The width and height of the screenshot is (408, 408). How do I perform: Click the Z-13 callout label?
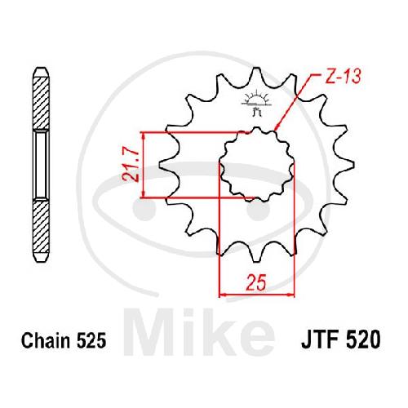343,77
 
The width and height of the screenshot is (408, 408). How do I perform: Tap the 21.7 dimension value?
131,166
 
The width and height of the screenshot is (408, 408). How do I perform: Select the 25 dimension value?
256,282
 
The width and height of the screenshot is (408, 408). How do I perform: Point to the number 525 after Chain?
91,340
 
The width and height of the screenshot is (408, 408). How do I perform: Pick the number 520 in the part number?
363,339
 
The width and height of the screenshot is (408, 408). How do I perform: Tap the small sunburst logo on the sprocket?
256,104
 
